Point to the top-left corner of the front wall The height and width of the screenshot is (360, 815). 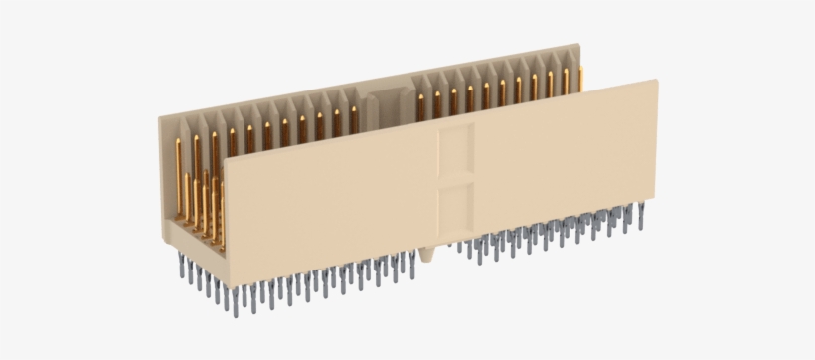click(226, 158)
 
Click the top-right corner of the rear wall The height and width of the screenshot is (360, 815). click(577, 45)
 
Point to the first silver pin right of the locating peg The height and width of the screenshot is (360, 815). click(462, 248)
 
